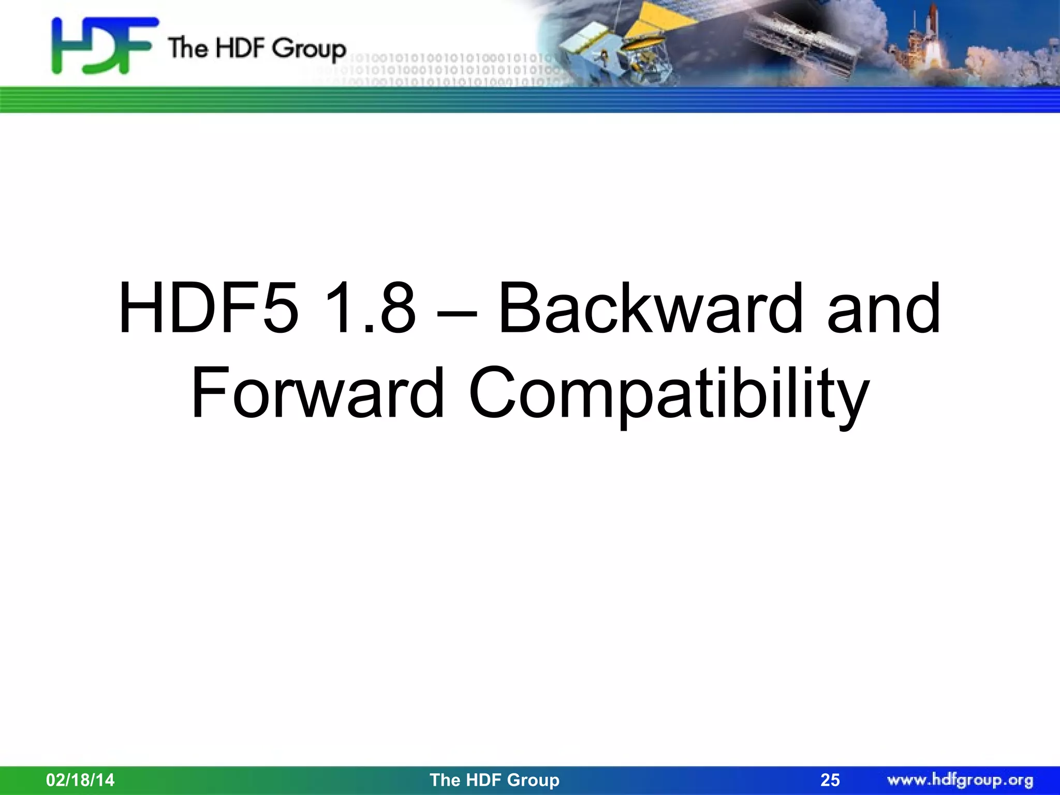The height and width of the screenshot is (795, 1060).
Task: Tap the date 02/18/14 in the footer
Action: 80,779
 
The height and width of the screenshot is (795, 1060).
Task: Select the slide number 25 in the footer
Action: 830,780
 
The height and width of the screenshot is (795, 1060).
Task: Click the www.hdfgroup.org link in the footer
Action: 960,779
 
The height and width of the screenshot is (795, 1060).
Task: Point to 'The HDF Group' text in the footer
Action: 494,779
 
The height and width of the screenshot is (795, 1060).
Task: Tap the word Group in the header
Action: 309,49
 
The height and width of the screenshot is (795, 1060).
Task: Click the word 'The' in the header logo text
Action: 187,48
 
